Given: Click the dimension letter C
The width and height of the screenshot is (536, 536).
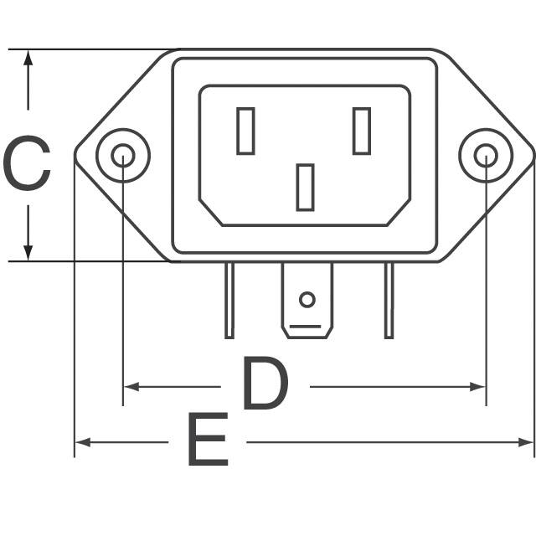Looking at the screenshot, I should point(28,165).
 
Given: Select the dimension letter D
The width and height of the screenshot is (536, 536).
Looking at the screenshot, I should point(265,384).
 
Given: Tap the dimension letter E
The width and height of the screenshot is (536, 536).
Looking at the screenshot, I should point(207,441).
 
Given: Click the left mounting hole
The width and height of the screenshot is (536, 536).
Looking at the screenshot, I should point(123,155).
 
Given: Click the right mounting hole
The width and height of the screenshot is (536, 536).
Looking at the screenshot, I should point(486,155).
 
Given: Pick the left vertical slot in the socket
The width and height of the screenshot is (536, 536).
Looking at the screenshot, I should point(245,131).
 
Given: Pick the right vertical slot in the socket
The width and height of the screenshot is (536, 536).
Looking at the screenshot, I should point(362,131).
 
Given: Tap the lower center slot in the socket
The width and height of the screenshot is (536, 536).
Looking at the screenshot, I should point(305,187).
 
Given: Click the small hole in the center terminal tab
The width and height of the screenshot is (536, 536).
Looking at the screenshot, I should point(307,299).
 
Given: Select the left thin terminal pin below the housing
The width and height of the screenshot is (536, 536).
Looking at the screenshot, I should point(229,300).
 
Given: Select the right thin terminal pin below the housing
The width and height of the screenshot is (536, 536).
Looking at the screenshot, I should point(389,300).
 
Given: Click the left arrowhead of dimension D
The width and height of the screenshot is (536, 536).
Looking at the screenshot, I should point(131,387).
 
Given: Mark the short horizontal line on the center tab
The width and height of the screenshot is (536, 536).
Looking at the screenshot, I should point(307,324).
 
